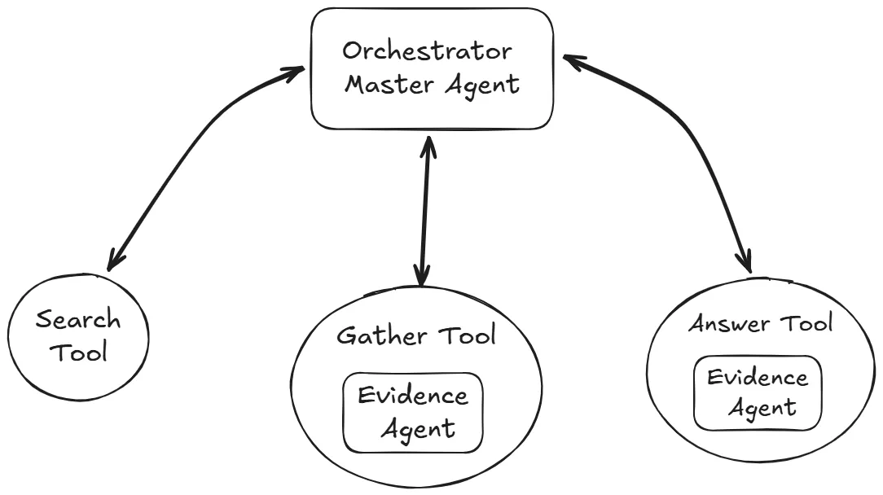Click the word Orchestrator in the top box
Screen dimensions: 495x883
pyautogui.click(x=427, y=52)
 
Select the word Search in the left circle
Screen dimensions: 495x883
pyautogui.click(x=77, y=319)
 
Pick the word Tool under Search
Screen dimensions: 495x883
pyautogui.click(x=81, y=354)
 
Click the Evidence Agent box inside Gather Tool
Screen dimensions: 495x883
pyautogui.click(x=412, y=413)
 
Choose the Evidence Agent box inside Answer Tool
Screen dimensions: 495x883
pyautogui.click(x=758, y=392)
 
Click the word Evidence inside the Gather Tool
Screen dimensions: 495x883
pyautogui.click(x=414, y=396)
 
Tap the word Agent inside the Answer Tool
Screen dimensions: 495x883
pyautogui.click(x=761, y=406)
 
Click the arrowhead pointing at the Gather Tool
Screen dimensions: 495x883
pyautogui.click(x=421, y=277)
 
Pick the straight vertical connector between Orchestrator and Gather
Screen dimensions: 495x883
pyautogui.click(x=423, y=212)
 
